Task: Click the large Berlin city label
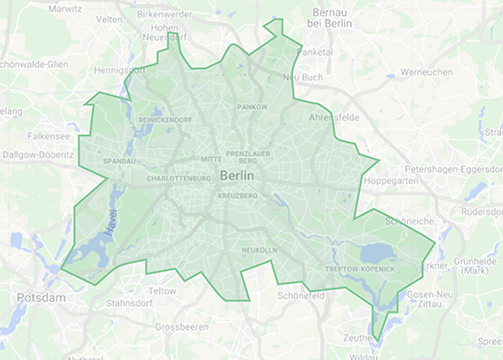point(236,175)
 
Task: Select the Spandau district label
point(119,160)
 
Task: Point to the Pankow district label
point(251,105)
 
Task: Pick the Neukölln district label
point(258,249)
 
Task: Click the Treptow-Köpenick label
point(361,270)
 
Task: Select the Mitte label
point(210,158)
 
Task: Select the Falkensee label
point(49,134)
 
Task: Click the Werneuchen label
point(426,72)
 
